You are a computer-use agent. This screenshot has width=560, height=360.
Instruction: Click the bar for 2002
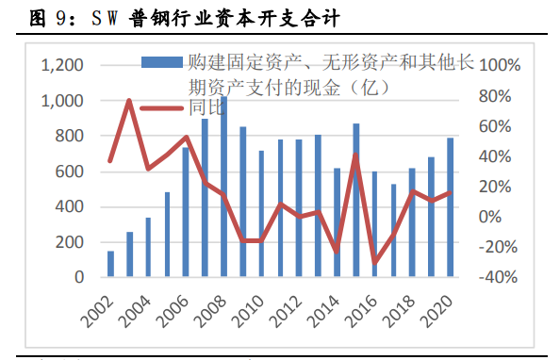[110, 264]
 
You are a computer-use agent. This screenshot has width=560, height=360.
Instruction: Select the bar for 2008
[223, 188]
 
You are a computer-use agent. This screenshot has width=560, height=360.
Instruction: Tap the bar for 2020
[450, 207]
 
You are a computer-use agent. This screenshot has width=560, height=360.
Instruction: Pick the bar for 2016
[355, 201]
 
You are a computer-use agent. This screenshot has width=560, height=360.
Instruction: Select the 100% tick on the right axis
[501, 66]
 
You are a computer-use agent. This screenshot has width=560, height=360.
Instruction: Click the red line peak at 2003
[129, 100]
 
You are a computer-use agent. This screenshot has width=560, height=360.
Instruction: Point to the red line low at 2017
[374, 263]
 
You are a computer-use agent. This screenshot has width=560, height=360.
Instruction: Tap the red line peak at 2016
[355, 155]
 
